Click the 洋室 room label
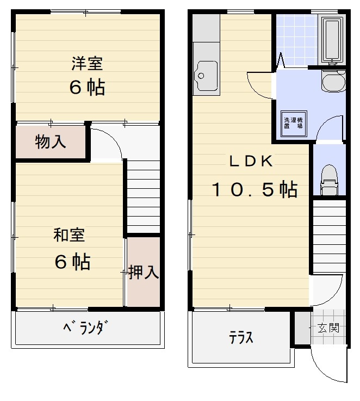tap(87, 64)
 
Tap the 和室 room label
tap(69, 236)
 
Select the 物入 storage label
tap(51, 143)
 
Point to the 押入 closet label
tap(144, 272)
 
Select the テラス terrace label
tap(241, 338)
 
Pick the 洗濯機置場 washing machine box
tap(293, 122)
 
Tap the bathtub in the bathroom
tap(332, 40)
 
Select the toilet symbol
tap(329, 180)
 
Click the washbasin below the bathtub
tap(332, 82)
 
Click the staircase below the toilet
tap(330, 237)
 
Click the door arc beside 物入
tap(106, 143)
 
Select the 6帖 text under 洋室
tap(87, 87)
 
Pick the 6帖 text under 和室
tap(72, 262)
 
